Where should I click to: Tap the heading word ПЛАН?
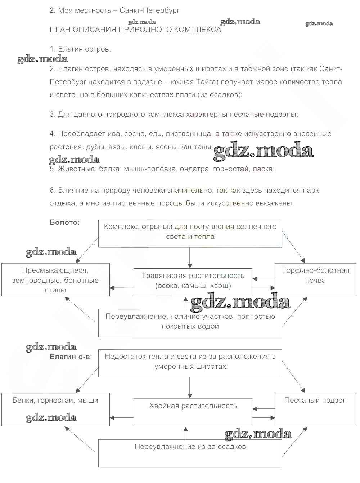(x=60, y=30)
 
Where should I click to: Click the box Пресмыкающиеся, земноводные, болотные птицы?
(x=55, y=280)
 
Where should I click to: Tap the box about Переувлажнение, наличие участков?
(x=190, y=322)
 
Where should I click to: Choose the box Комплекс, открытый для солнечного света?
(x=190, y=233)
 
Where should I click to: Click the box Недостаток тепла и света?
(x=190, y=363)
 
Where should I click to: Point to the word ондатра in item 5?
(x=195, y=169)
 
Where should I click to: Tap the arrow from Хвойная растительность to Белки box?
(x=122, y=418)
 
